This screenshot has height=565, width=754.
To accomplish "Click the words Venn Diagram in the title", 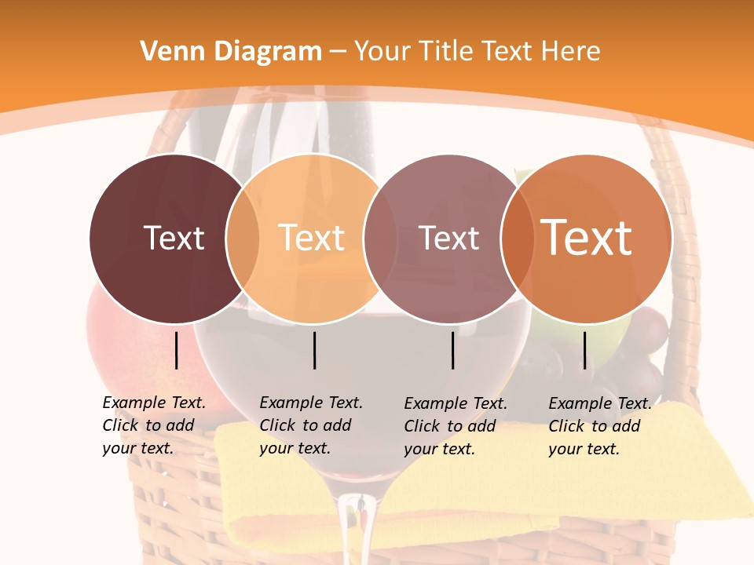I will pos(231,52).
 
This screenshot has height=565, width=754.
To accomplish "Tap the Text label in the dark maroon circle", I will pos(174,238).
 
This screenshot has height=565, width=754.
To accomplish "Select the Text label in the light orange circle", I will pos(312,238).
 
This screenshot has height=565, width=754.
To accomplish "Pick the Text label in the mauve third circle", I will pos(448,238).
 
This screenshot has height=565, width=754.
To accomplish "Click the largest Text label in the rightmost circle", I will pos(587,238).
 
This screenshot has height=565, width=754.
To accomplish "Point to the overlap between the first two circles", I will pos(243,239).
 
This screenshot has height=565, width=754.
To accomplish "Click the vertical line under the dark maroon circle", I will pos(177,350).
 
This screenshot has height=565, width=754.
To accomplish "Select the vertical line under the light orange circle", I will pos(314,350).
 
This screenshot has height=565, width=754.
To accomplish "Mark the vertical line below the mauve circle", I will pos(453,350).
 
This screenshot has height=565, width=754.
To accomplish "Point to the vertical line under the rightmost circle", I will pos(585,350).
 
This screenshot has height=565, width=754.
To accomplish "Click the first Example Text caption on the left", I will pos(154,425).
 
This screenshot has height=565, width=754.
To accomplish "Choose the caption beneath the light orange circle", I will pos(311,425).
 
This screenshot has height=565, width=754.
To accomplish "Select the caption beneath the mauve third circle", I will pos(456,426).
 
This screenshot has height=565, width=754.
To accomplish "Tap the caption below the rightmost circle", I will pos(600,426).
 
